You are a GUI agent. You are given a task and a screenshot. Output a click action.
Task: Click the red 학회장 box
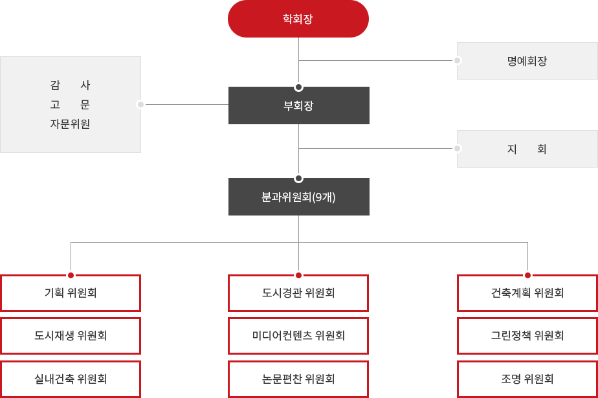(298, 19)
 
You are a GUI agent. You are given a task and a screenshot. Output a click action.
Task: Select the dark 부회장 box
(298, 105)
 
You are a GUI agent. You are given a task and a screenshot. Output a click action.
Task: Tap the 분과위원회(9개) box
(298, 197)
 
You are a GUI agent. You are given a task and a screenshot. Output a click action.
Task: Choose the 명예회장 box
(527, 61)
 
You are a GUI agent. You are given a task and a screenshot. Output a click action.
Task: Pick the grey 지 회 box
(527, 149)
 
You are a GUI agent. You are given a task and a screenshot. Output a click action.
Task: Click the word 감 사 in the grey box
(70, 85)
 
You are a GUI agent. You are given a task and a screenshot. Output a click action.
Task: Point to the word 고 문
(70, 104)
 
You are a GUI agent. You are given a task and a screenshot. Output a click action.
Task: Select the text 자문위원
(70, 124)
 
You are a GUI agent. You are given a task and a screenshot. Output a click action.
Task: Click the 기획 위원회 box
(71, 293)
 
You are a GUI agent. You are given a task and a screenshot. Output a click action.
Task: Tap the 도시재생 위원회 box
(71, 336)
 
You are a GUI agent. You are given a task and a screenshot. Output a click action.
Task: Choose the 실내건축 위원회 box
(71, 379)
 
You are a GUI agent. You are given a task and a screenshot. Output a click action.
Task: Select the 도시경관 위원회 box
(298, 293)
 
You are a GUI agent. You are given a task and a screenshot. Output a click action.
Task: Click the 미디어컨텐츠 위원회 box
(298, 336)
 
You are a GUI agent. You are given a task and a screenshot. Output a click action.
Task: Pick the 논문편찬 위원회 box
(298, 379)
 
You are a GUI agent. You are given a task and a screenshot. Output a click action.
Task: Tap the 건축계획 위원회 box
(527, 293)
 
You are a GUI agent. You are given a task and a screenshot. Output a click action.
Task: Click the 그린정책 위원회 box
(527, 336)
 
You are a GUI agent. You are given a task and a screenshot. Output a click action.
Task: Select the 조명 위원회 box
(527, 379)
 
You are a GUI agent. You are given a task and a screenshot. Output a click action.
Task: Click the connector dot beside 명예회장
(458, 60)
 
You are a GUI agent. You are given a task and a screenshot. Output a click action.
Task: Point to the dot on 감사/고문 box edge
(140, 104)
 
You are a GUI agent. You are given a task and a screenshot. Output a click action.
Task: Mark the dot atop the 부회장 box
(298, 87)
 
